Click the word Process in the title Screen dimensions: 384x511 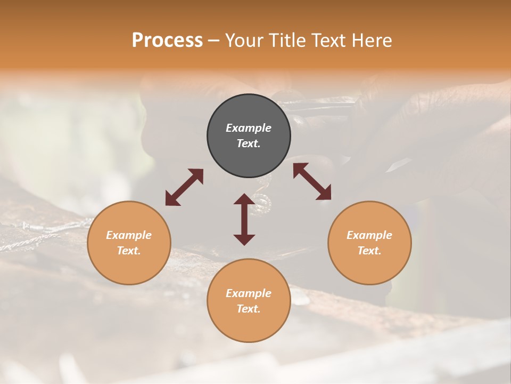(167, 41)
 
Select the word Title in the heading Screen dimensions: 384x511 (290, 41)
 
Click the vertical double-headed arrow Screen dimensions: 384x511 (244, 219)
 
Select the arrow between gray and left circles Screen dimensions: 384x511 (184, 187)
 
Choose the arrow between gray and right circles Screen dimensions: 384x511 (312, 181)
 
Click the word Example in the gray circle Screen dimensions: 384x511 (249, 128)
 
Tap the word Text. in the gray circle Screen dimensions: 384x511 (249, 143)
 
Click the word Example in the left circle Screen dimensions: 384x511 (129, 235)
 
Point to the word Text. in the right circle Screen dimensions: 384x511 (369, 251)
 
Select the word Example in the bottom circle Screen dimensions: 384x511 (249, 293)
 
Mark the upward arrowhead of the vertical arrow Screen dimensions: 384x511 (244, 199)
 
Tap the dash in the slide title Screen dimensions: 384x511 (213, 41)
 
